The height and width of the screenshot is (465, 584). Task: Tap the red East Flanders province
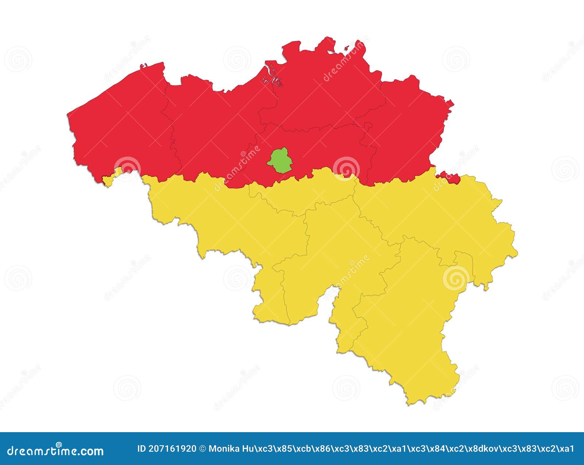point(212,128)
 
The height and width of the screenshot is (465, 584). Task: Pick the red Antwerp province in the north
point(321,91)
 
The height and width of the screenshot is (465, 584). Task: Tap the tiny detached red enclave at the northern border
point(346,47)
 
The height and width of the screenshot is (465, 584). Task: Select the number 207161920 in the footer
point(173,449)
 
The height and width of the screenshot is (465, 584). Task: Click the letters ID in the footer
point(142,449)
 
